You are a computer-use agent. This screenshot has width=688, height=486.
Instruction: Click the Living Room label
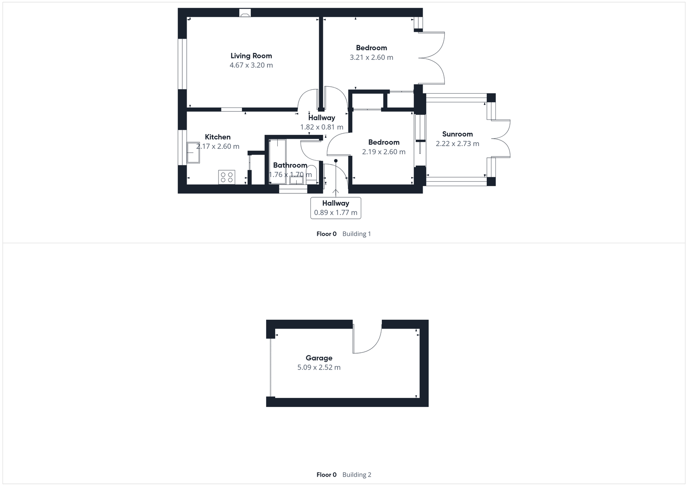click(x=251, y=56)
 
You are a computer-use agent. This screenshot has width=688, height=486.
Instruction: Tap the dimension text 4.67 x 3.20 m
click(x=251, y=65)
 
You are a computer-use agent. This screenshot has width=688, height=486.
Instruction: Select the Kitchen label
click(x=218, y=137)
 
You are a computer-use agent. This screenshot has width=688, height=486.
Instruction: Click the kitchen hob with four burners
click(x=227, y=177)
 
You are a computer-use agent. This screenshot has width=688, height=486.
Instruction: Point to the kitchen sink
click(x=193, y=153)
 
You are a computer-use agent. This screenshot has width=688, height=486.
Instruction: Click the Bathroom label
click(x=290, y=165)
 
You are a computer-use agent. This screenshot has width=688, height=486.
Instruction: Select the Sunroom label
click(x=457, y=134)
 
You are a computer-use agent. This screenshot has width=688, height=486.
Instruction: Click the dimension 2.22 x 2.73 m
click(x=457, y=144)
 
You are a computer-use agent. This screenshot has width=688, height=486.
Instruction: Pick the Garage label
click(x=319, y=358)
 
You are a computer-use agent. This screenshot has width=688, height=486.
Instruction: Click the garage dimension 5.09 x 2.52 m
click(x=319, y=367)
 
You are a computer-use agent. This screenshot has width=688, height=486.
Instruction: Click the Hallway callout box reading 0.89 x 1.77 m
click(x=335, y=208)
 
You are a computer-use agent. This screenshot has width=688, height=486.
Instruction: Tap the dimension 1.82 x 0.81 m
click(x=322, y=127)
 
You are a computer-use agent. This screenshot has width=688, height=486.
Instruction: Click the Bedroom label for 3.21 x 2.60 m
click(x=371, y=48)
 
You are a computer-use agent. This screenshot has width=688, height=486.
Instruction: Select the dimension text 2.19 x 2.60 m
click(x=384, y=152)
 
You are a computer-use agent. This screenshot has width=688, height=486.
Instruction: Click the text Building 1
click(x=356, y=234)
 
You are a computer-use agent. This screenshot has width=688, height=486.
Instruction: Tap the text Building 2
click(x=356, y=475)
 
